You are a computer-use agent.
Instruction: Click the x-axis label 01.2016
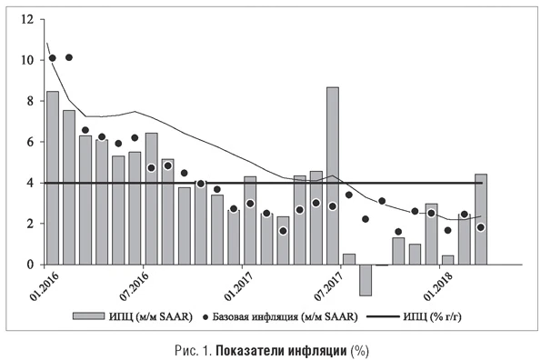(x=40, y=286)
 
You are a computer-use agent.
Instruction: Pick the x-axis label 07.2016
(x=136, y=286)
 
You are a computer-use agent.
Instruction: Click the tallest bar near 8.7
(x=333, y=175)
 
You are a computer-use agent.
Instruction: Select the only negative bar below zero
(x=366, y=280)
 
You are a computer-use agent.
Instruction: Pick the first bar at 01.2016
(x=53, y=178)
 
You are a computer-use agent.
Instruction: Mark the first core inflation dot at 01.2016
(x=53, y=58)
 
